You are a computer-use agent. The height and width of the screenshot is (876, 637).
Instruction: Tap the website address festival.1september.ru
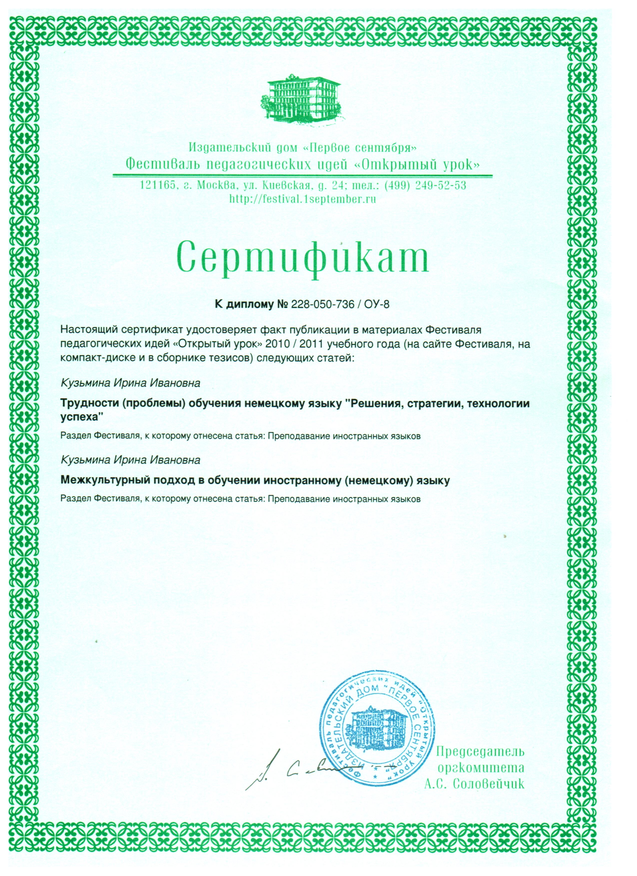pos(303,199)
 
